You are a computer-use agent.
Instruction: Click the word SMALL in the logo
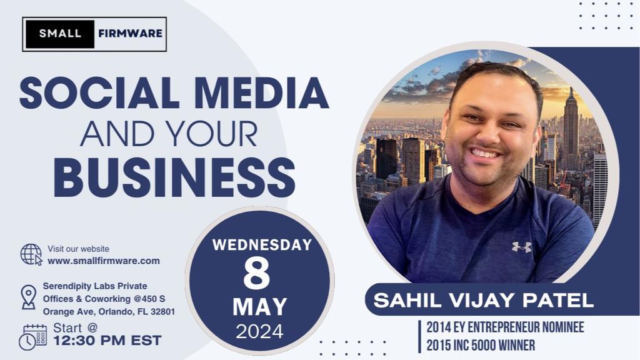coord(60,34)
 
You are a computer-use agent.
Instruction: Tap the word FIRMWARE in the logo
coord(130,34)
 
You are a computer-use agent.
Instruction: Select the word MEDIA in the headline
coord(262,92)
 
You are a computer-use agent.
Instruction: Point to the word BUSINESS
coord(175,177)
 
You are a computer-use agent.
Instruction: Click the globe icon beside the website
coord(31,255)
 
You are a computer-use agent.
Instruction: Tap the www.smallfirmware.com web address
coord(104,261)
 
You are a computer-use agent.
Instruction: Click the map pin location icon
coord(29,297)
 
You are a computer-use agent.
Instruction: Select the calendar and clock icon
coord(32,337)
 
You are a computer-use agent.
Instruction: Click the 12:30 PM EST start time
coord(107,341)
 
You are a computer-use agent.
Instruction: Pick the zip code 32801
coord(162,312)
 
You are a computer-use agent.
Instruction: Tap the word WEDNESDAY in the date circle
coord(262,245)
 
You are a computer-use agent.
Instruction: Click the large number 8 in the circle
coord(257,274)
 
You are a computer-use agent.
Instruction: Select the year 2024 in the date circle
coord(259,331)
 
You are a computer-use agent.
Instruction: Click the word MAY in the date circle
coord(260,307)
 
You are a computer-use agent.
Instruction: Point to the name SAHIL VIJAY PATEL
coord(484,301)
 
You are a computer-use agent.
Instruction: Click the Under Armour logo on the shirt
coord(522,247)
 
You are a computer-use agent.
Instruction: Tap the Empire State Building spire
coord(571,94)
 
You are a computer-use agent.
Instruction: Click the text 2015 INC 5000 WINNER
coord(481,346)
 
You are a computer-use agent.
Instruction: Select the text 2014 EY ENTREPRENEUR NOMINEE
coord(505,327)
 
